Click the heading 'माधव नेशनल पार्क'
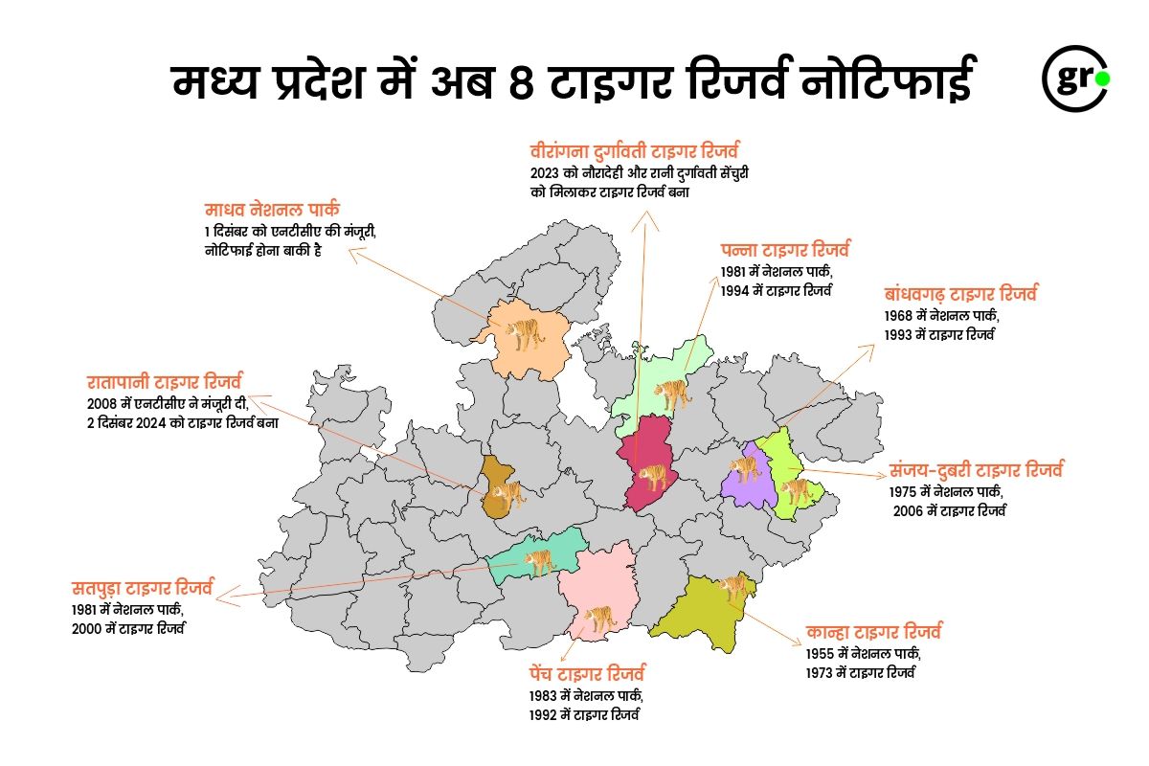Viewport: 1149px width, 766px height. tap(273, 210)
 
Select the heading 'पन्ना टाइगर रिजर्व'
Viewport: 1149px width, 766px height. tap(785, 251)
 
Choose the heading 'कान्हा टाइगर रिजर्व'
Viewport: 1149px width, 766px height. tap(874, 632)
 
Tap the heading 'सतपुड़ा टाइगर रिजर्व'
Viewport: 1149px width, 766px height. tap(143, 587)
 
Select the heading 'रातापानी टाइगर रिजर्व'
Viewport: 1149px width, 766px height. tap(164, 380)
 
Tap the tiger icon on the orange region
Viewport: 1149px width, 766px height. tap(526, 334)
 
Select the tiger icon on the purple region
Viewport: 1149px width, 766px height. tap(744, 469)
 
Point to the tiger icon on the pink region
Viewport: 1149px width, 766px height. tap(599, 618)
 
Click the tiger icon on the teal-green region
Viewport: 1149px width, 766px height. tap(538, 562)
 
